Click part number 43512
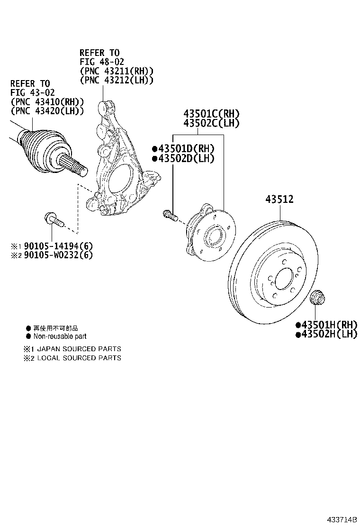[279, 200]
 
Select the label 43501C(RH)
[212, 114]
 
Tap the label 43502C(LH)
[212, 123]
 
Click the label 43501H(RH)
[329, 325]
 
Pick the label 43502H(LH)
[329, 334]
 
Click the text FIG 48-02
[99, 62]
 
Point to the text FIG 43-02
[30, 93]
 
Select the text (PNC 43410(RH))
[47, 102]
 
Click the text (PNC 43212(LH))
[117, 81]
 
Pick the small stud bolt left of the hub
[170, 216]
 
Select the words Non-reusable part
[60, 336]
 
